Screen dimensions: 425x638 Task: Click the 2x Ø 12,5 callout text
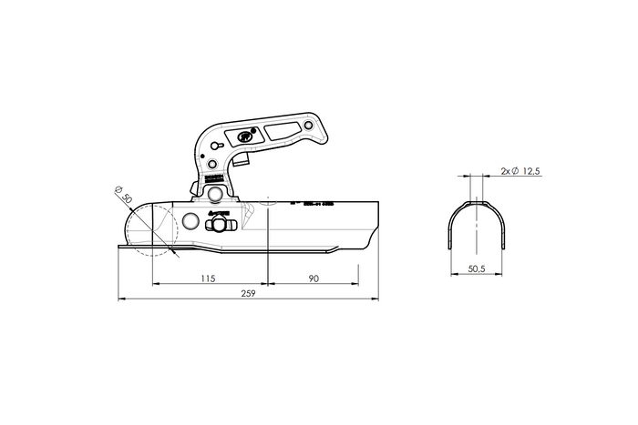(x=521, y=170)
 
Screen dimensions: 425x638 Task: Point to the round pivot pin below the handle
(x=216, y=195)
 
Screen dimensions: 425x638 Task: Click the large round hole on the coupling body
(x=190, y=223)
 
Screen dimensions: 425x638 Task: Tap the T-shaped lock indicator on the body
(x=224, y=224)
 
